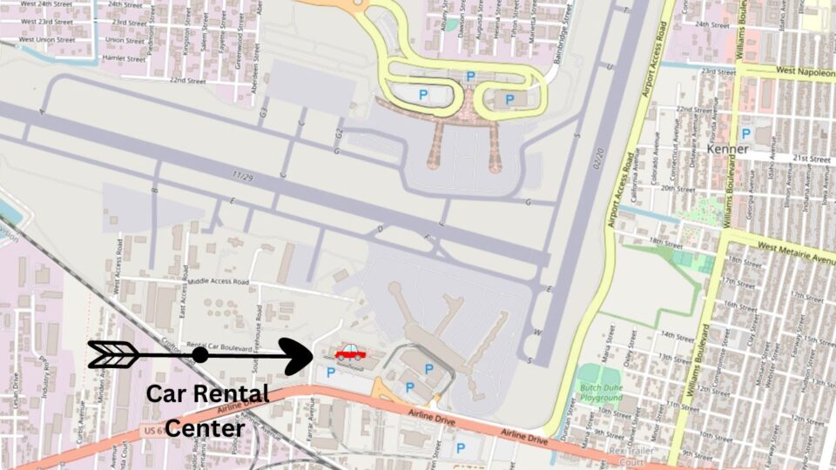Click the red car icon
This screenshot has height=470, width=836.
coord(350,352)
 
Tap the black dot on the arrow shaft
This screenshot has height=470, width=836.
coord(200,355)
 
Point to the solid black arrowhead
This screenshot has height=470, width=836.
coord(299,355)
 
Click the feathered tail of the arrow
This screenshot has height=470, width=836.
coord(112,354)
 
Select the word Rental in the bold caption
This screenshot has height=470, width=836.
coord(233,393)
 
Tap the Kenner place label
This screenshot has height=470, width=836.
coord(727,149)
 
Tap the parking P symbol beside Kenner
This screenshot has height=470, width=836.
coord(745,133)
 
